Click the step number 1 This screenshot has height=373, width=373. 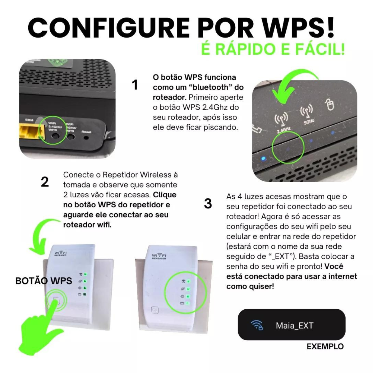tap(135, 85)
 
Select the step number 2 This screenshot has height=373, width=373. tap(45, 182)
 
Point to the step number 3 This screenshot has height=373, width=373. tap(208, 204)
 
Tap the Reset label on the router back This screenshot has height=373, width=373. tap(86, 132)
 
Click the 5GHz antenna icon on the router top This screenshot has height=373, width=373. tap(306, 114)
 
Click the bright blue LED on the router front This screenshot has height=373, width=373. tap(263, 159)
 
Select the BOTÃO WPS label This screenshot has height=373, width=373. tap(44, 281)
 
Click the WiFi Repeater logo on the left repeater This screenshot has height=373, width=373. tap(61, 253)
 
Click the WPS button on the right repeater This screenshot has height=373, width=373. tap(154, 310)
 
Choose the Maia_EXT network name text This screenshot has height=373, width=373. tap(294, 326)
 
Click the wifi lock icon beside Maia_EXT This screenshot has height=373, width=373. tap(257, 325)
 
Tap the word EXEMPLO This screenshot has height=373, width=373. tap(325, 347)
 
